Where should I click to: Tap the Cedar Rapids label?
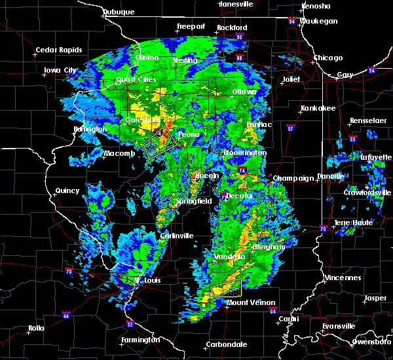click(58, 50)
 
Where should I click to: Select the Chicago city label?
click(327, 58)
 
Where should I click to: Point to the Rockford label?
click(233, 27)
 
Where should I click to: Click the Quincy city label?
click(67, 191)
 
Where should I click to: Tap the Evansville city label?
click(339, 326)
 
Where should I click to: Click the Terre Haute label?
click(355, 223)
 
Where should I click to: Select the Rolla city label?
click(37, 328)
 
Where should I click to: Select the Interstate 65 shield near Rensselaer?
click(352, 139)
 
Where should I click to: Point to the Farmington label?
click(139, 340)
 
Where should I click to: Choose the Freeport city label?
click(191, 27)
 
